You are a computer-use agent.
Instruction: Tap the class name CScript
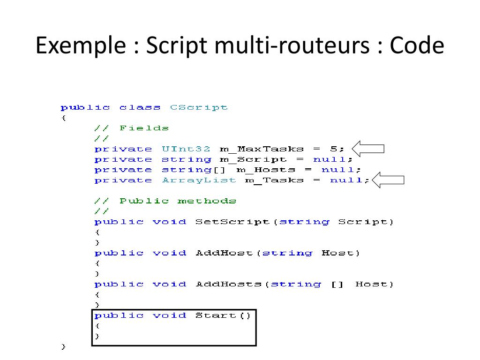tap(199, 107)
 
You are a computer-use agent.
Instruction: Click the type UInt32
tap(186, 149)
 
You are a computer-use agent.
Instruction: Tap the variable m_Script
tap(253, 160)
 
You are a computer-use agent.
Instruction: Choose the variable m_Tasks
tap(274, 180)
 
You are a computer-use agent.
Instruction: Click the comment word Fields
tap(144, 128)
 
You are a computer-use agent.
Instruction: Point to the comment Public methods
tap(178, 201)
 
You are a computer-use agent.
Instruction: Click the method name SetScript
tap(232, 222)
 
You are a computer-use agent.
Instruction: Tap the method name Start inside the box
tap(216, 315)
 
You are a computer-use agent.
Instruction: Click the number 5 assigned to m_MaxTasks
tap(333, 149)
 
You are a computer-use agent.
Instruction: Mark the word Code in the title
tap(417, 46)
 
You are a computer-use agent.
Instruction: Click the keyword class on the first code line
tap(140, 107)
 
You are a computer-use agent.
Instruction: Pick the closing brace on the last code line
tap(63, 347)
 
